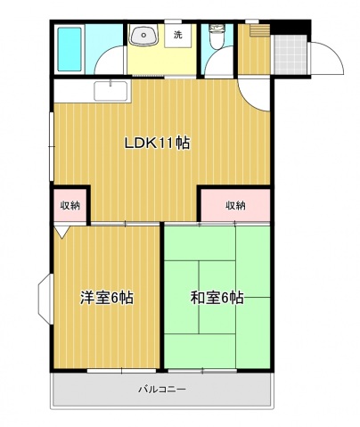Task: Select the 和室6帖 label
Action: pos(217,298)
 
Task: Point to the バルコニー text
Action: pos(161,390)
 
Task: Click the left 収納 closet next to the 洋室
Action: pos(70,205)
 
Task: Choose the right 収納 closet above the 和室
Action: pos(234,205)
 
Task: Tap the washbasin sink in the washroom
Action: pos(143,37)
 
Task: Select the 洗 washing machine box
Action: pos(177,36)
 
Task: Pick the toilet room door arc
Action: pos(216,64)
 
